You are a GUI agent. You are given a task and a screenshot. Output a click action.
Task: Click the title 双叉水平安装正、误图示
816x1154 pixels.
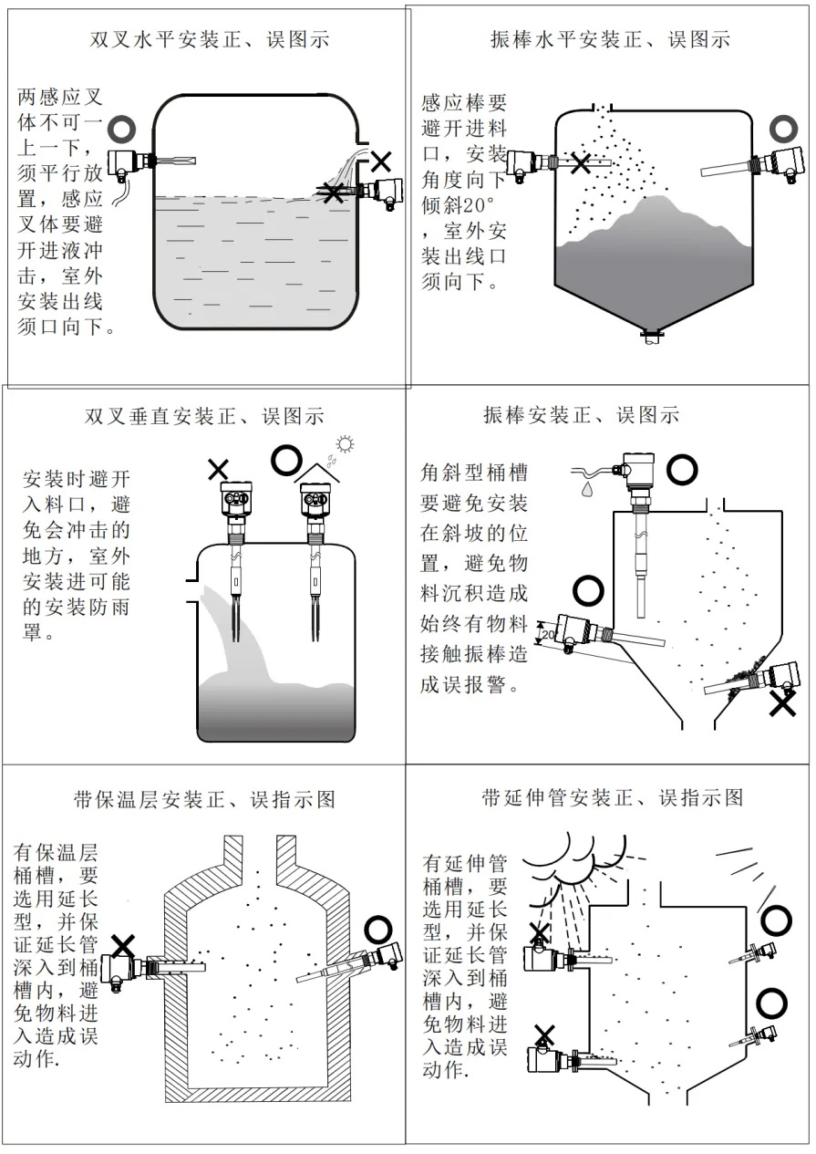[209, 40]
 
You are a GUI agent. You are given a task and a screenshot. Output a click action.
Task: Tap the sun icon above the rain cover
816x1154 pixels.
[345, 444]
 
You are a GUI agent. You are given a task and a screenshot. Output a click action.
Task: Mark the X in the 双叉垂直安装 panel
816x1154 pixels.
[218, 470]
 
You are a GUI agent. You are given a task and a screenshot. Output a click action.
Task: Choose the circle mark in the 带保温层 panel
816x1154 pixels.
[377, 929]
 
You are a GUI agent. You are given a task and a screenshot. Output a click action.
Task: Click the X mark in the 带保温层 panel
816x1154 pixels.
[123, 945]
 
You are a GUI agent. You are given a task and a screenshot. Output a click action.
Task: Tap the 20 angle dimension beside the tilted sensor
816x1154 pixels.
[547, 632]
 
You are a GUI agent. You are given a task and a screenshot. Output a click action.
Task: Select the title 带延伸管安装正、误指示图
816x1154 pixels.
[612, 798]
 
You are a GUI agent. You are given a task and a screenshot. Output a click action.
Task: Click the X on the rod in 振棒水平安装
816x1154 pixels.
[580, 163]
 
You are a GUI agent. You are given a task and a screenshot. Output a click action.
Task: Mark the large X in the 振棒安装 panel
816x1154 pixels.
[782, 703]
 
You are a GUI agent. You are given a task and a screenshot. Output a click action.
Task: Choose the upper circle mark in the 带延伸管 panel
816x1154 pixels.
[776, 920]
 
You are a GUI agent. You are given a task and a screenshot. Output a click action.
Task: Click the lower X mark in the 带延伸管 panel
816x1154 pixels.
[544, 1034]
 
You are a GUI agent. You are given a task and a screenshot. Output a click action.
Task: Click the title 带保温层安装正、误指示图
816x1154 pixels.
[204, 800]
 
